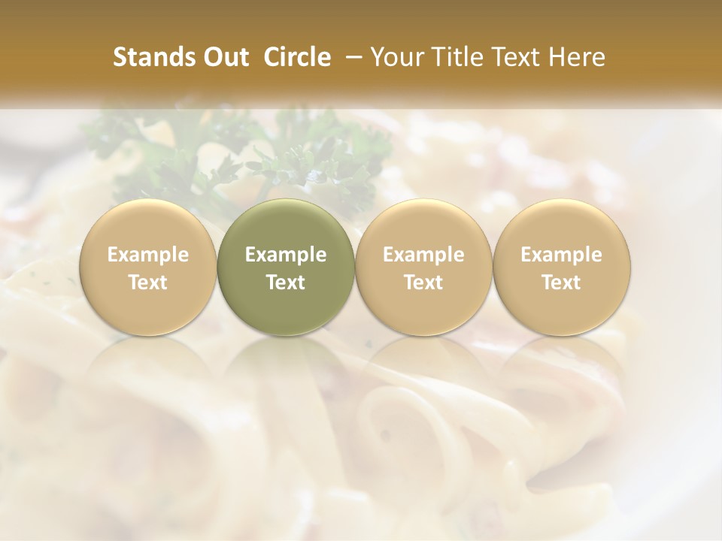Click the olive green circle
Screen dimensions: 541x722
tap(286, 267)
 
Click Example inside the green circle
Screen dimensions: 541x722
tap(286, 255)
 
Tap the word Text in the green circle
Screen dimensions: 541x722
tap(286, 283)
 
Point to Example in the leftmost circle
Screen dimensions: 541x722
tap(147, 255)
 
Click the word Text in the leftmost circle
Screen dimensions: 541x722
tap(147, 283)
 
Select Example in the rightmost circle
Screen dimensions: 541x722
tap(561, 255)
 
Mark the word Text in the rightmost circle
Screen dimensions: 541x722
tap(561, 283)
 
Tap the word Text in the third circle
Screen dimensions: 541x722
tap(423, 283)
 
